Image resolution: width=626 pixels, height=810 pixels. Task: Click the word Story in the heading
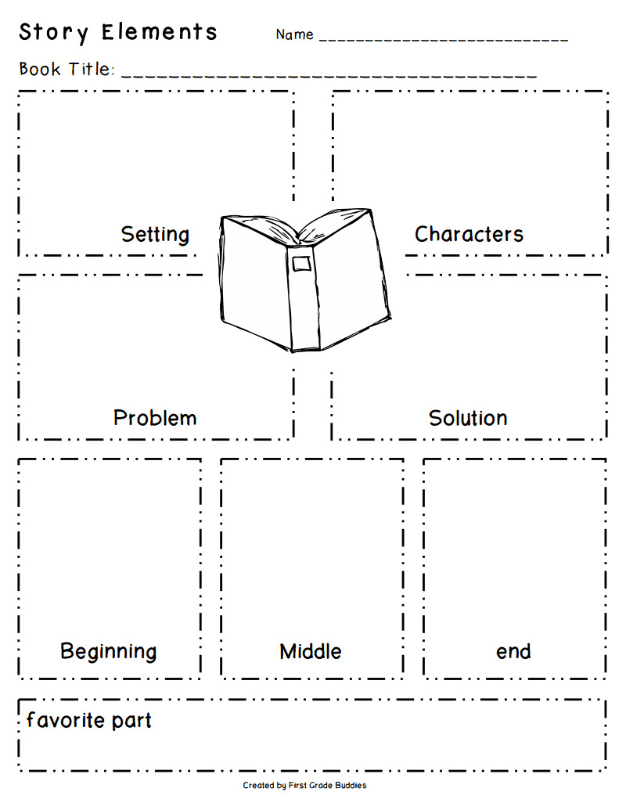(x=53, y=34)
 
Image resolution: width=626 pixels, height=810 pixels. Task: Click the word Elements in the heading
(x=160, y=33)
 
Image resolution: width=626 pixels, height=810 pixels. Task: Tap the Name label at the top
(x=294, y=34)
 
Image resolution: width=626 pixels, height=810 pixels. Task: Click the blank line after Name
(x=443, y=38)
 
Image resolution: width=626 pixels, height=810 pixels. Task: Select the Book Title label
(x=67, y=70)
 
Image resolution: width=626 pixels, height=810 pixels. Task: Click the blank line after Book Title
(x=329, y=75)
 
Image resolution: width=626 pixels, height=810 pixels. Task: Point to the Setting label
(x=155, y=234)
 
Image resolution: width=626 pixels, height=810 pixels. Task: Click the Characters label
(x=469, y=234)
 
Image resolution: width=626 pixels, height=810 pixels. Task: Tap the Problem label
(x=155, y=418)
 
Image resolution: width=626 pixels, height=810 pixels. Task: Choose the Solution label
(x=468, y=418)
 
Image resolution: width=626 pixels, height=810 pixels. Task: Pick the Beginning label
(x=108, y=651)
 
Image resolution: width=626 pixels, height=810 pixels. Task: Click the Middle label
(x=311, y=651)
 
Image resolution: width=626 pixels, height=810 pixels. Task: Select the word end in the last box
(x=513, y=651)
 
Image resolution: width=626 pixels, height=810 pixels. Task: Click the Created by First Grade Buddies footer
(x=304, y=785)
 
